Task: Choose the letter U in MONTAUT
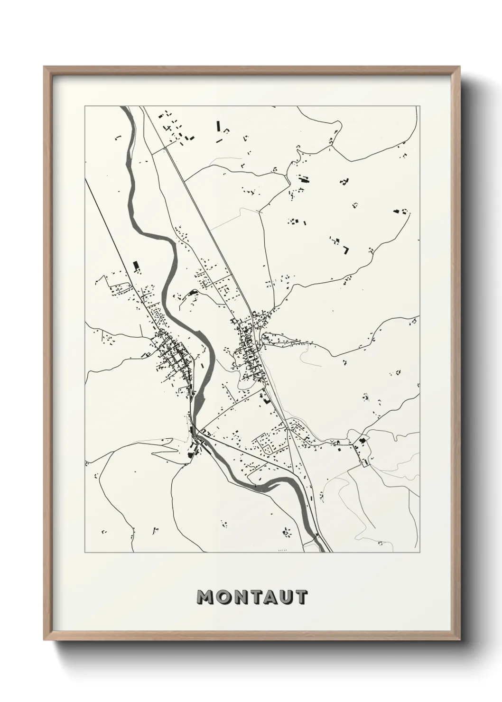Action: pyautogui.click(x=284, y=598)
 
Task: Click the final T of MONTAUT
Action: pyautogui.click(x=300, y=598)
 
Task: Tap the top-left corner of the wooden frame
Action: pyautogui.click(x=45, y=67)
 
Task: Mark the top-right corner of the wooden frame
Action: pyautogui.click(x=460, y=67)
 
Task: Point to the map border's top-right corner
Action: pyautogui.click(x=419, y=106)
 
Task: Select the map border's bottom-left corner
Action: pyautogui.click(x=85, y=552)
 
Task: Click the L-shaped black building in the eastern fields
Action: pyautogui.click(x=347, y=249)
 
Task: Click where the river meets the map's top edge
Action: pyautogui.click(x=126, y=108)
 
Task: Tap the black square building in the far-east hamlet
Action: pyautogui.click(x=363, y=441)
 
